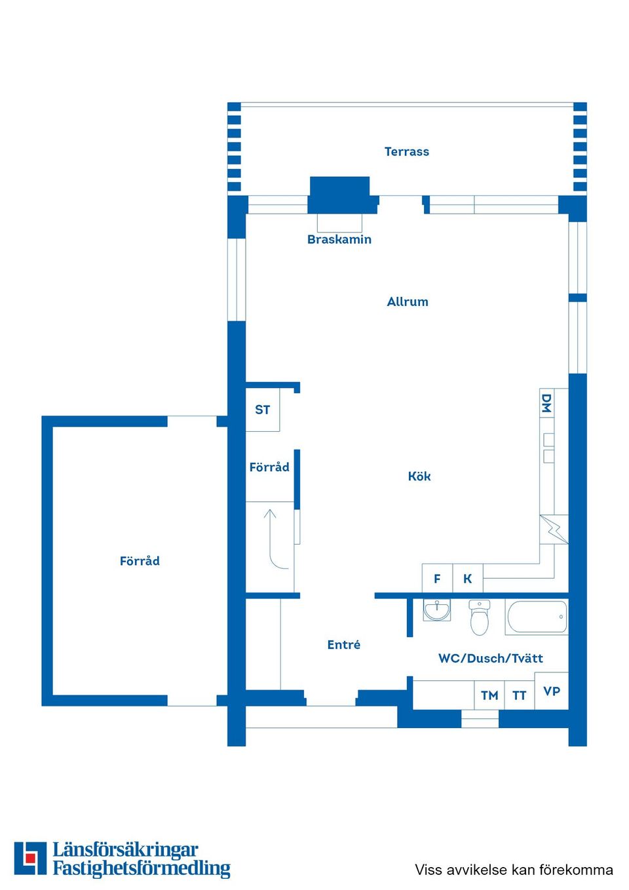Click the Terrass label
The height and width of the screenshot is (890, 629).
coord(407,152)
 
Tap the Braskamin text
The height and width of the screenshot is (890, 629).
coord(339,240)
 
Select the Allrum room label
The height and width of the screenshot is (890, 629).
coord(408,302)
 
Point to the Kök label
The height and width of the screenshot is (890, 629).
coord(419,476)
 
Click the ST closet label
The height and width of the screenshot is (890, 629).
coord(263,410)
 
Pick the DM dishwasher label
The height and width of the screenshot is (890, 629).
coord(546,403)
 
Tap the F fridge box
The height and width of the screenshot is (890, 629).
coord(437,579)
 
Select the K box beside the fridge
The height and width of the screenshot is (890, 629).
coord(468,579)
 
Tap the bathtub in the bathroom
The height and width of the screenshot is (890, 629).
coord(537,617)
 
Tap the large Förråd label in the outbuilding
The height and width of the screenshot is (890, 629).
coord(140,560)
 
